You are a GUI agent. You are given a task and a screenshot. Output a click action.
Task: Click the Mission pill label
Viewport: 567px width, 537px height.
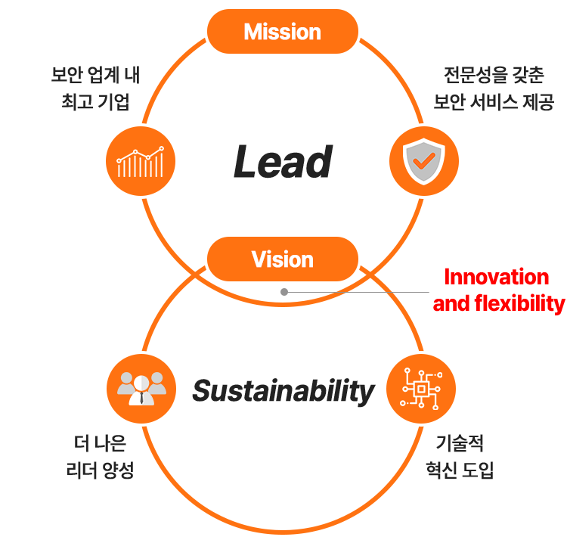282,32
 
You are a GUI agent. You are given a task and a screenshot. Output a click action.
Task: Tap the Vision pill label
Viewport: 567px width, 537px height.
282,259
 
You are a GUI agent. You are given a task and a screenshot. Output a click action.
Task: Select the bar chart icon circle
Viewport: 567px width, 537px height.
141,161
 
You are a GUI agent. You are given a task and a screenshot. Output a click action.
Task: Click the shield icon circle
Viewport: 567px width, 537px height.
423,161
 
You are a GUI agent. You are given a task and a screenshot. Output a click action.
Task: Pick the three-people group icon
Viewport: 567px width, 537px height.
141,388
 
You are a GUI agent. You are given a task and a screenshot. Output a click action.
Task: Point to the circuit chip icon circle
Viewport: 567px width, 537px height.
420,388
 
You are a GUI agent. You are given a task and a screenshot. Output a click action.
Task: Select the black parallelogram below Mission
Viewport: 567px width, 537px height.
283,161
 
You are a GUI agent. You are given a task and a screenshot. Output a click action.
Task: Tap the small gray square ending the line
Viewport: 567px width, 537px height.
283,291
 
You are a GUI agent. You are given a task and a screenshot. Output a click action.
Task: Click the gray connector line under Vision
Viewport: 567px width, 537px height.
355,291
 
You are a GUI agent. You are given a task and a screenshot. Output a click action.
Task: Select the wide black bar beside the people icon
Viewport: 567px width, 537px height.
283,393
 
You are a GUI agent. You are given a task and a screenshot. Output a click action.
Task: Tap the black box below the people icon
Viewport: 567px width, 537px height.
103,456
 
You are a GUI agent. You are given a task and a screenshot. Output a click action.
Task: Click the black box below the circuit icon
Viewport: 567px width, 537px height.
459,456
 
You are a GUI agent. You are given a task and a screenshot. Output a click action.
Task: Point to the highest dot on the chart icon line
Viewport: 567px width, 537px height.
160,149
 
